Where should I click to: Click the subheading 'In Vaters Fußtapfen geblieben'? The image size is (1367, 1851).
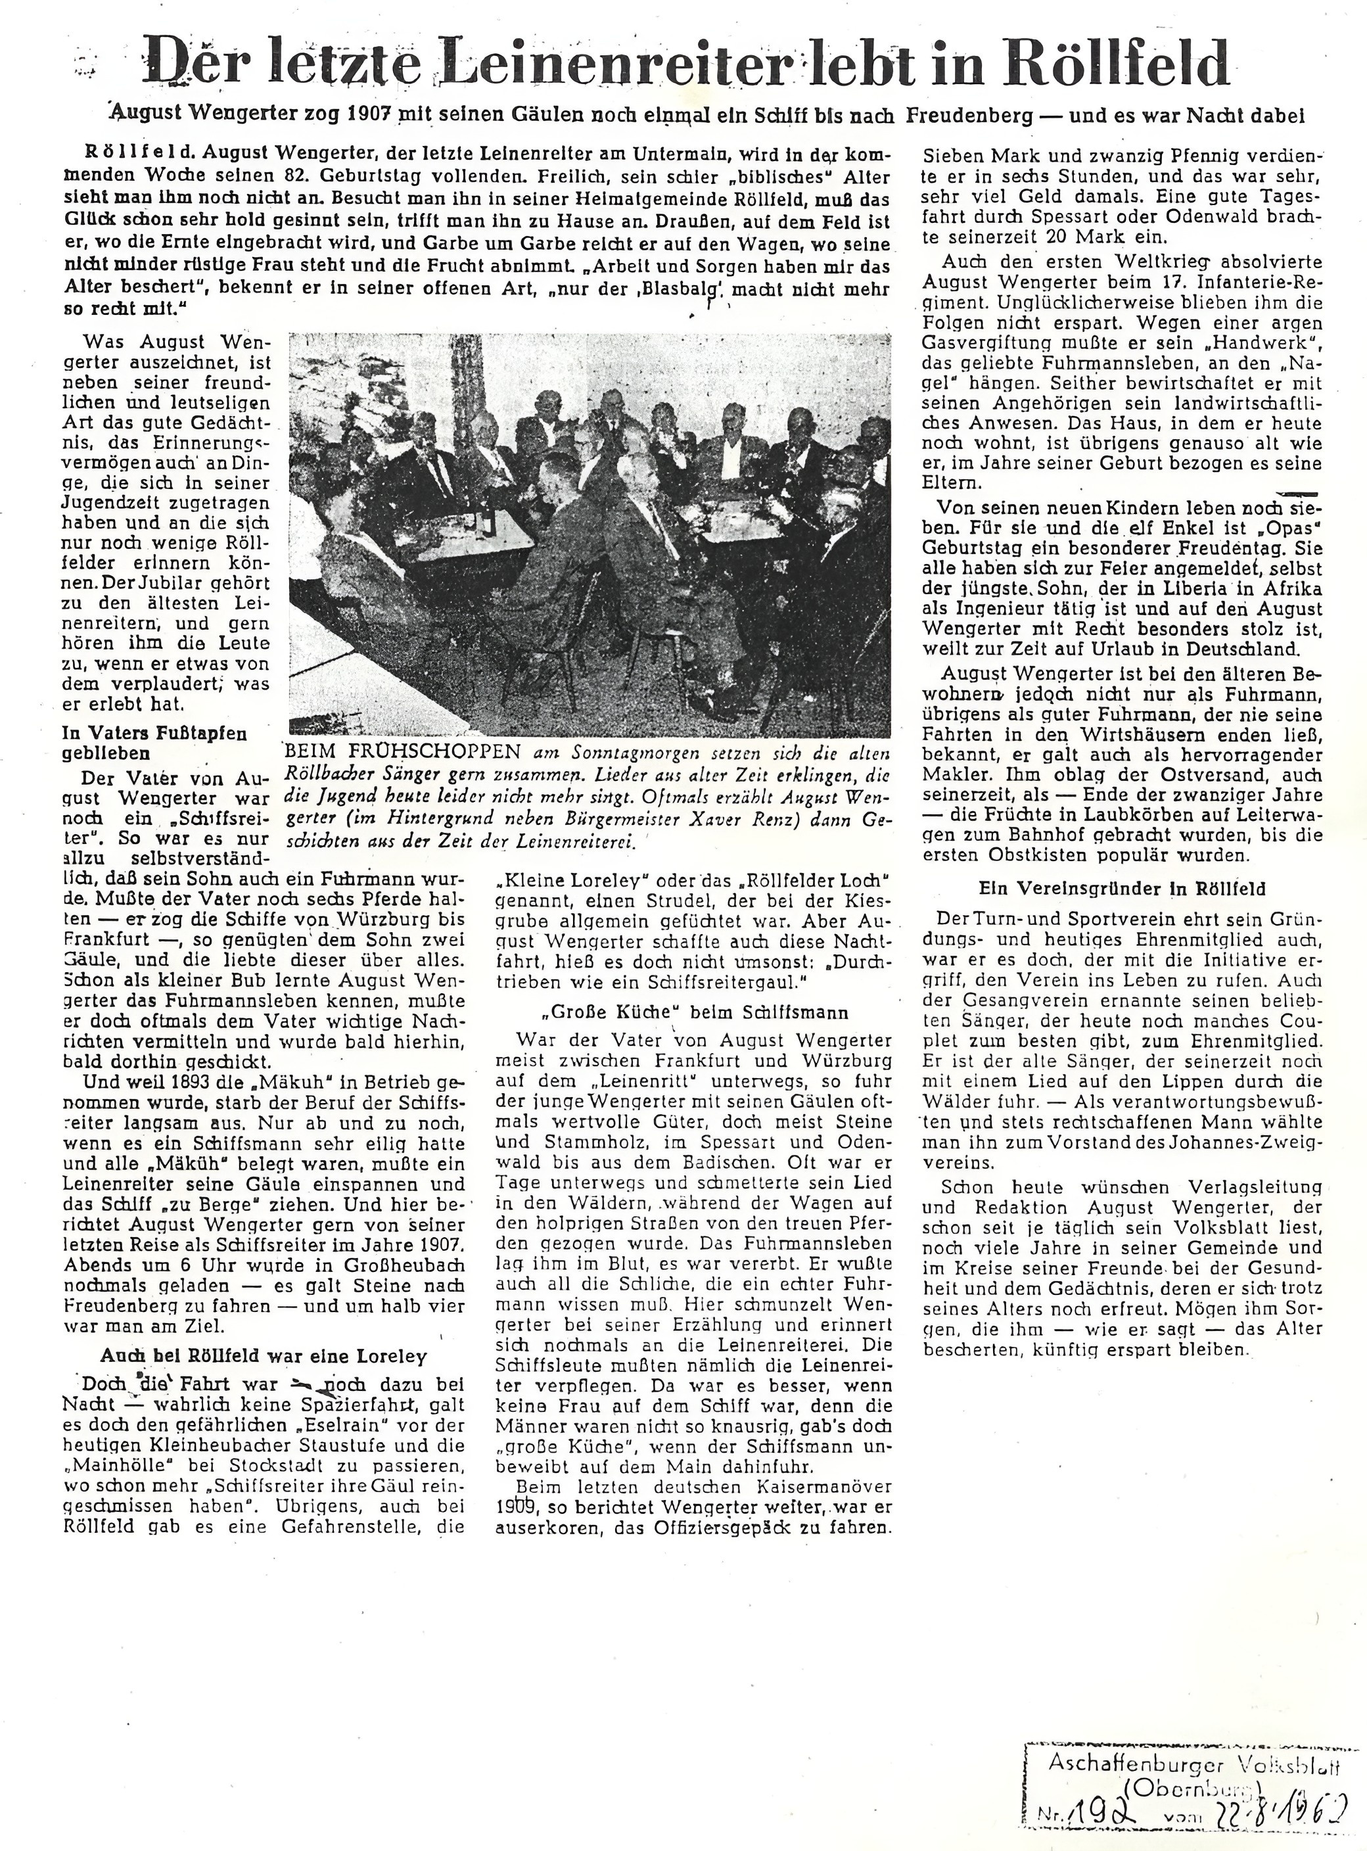[154, 742]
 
